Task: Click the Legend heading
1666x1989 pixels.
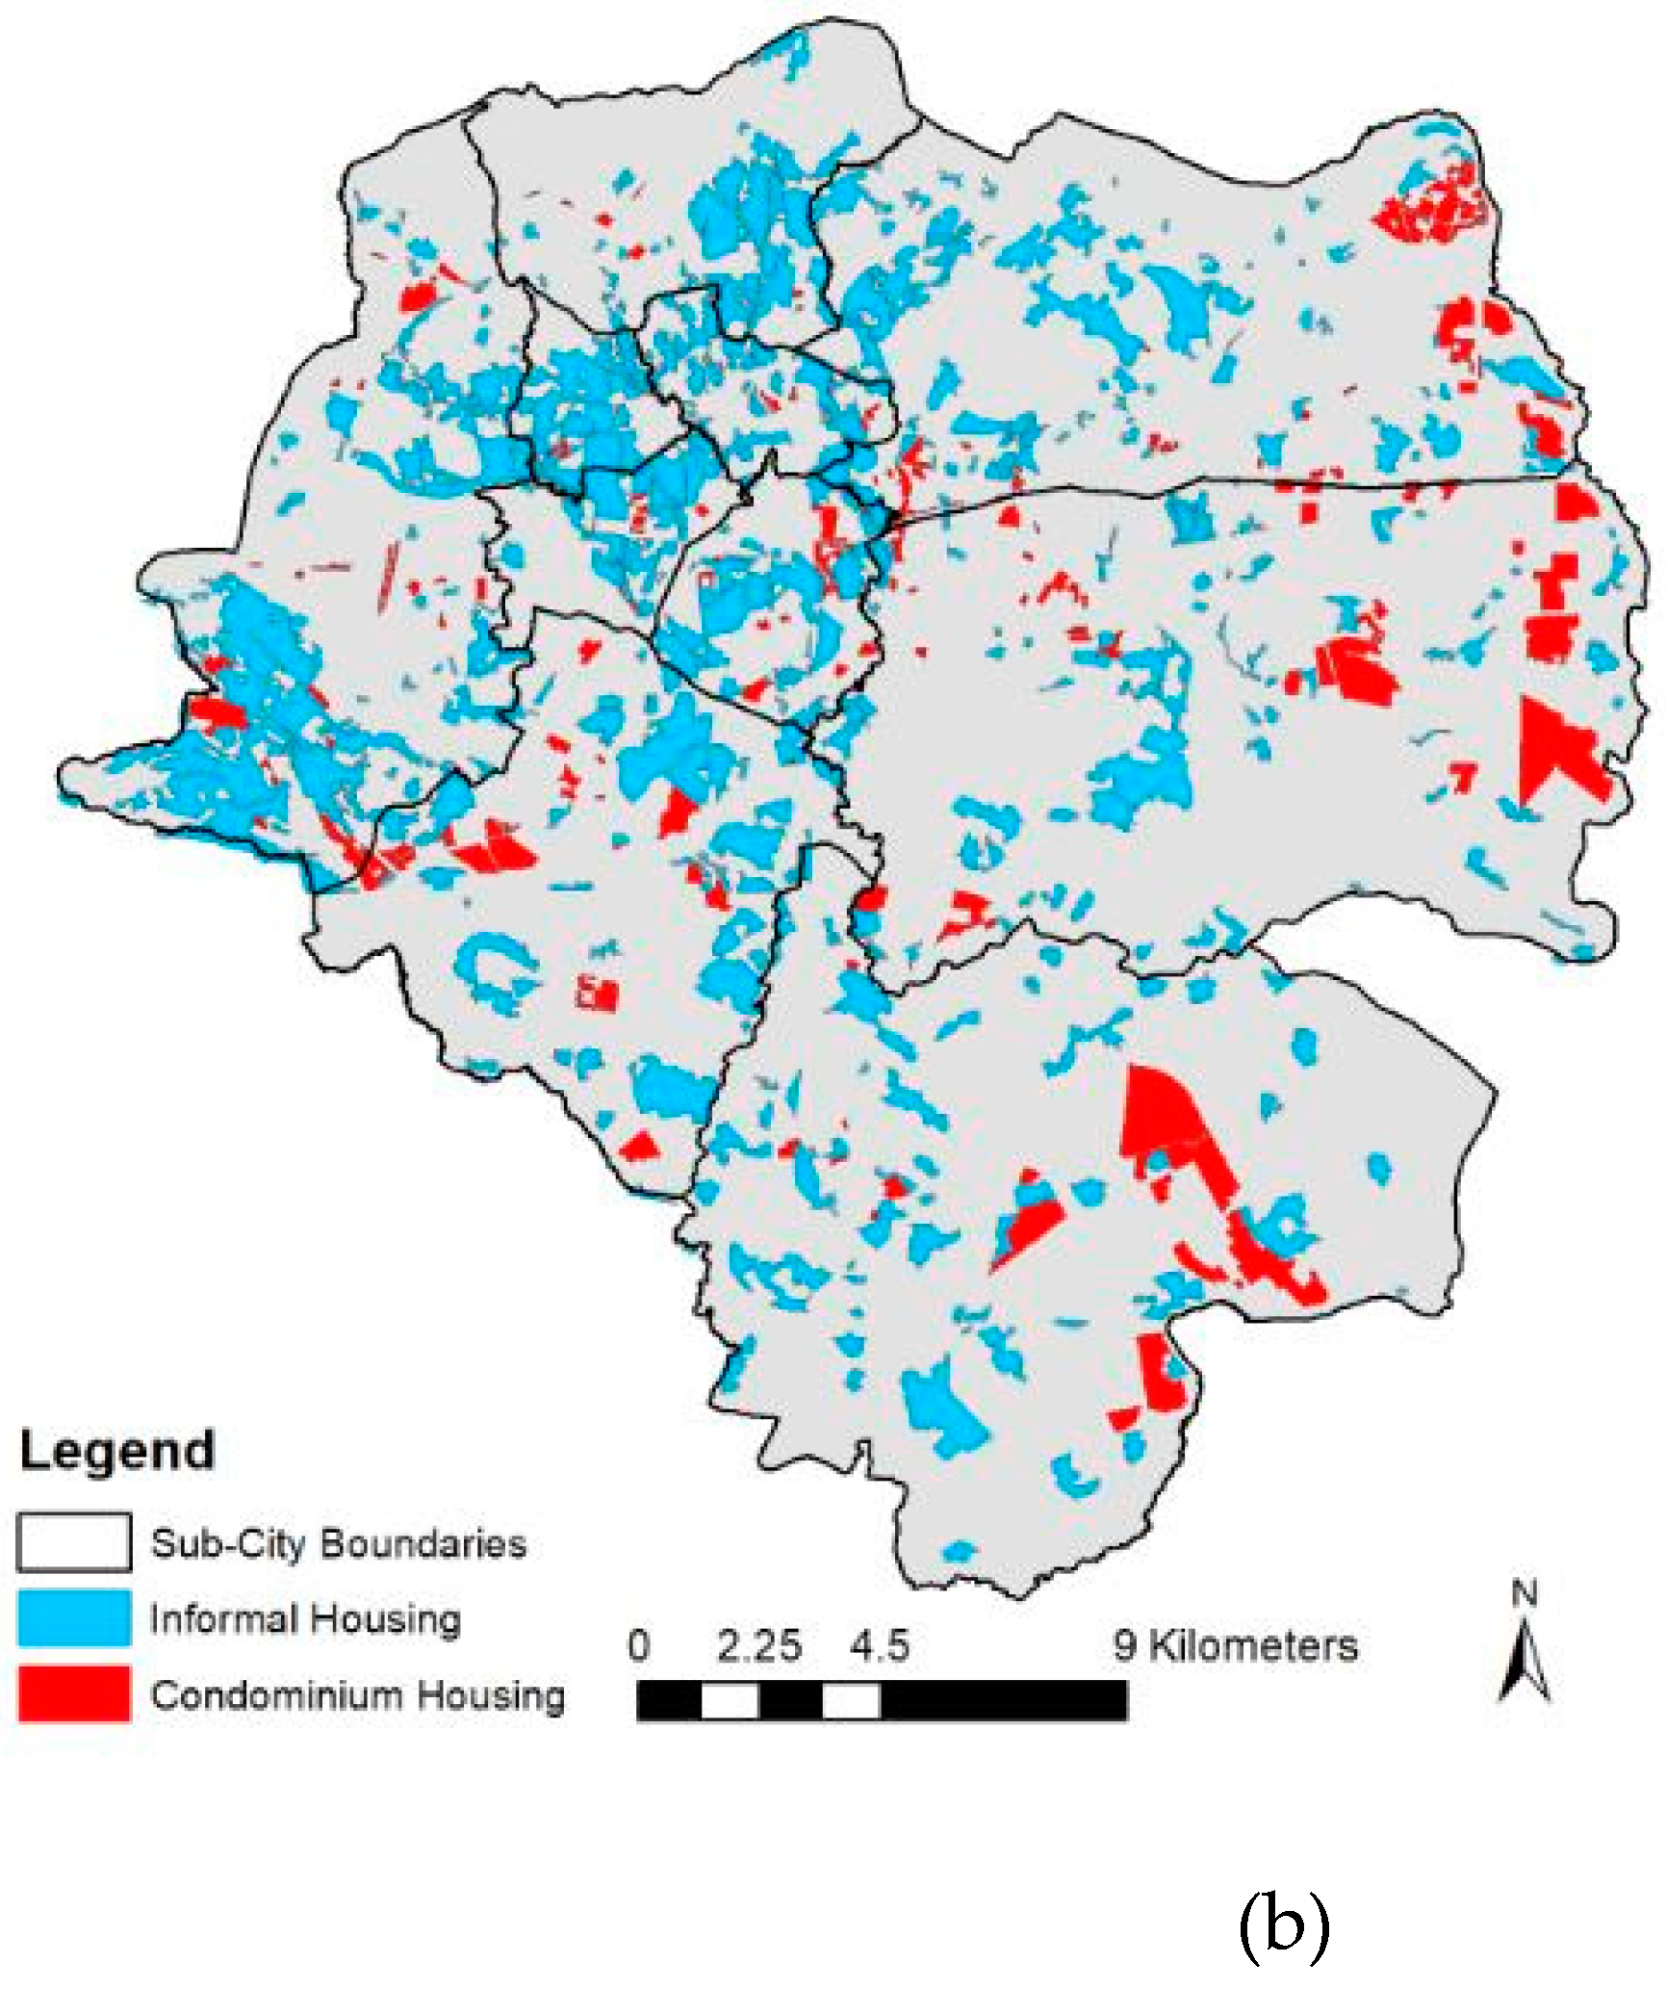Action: click(116, 1451)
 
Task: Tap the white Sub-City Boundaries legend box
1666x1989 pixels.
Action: click(73, 1542)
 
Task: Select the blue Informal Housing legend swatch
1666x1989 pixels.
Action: click(73, 1618)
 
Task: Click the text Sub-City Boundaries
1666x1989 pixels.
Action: click(338, 1543)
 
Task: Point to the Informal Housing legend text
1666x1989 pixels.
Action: click(305, 1619)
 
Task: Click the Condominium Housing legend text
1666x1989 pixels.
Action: click(357, 1695)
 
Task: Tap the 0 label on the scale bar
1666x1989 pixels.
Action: click(638, 1645)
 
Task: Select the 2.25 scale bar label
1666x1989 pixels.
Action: click(758, 1645)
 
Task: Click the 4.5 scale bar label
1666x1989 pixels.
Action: click(879, 1645)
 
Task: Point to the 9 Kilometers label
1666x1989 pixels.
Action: click(1236, 1645)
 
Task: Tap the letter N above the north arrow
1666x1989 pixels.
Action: click(1524, 1595)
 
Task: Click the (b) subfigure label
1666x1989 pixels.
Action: click(1283, 1923)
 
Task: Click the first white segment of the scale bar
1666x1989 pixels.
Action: click(730, 1701)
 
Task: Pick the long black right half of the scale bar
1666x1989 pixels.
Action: click(1003, 1701)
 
